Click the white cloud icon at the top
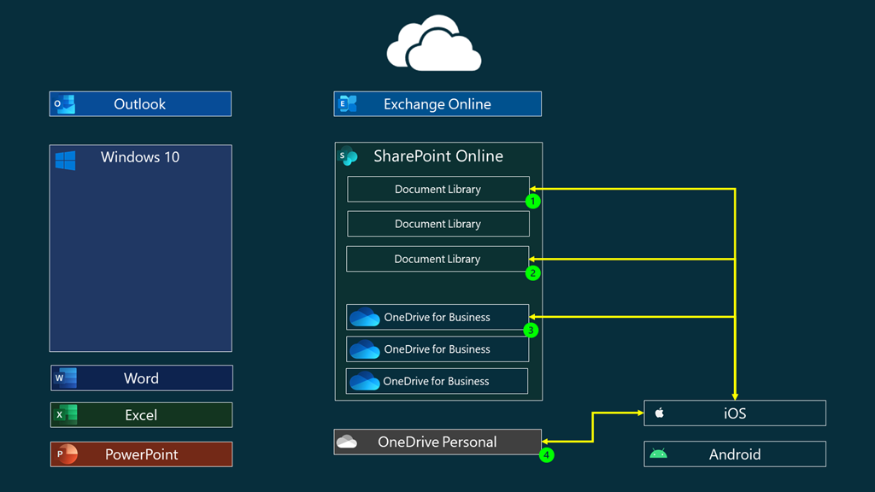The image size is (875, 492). tap(434, 44)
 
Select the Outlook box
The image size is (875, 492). tap(140, 104)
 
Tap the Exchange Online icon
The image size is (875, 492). tap(348, 104)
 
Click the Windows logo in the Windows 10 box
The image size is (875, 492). tap(65, 161)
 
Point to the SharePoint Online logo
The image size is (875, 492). tap(348, 156)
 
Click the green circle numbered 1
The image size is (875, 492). tap(533, 202)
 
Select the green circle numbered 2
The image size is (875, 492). tap(533, 273)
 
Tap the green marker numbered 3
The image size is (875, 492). tap(531, 330)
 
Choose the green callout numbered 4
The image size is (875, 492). tap(546, 455)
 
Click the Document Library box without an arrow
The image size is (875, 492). tap(437, 224)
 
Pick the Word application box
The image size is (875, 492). tap(141, 378)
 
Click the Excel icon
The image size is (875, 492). tap(65, 415)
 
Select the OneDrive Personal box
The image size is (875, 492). tap(437, 442)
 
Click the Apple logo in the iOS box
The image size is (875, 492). tap(660, 413)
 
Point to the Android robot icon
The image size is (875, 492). tap(658, 454)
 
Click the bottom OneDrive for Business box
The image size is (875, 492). tap(437, 381)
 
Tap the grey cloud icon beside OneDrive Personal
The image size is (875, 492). tap(347, 442)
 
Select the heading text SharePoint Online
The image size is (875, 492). tap(438, 156)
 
